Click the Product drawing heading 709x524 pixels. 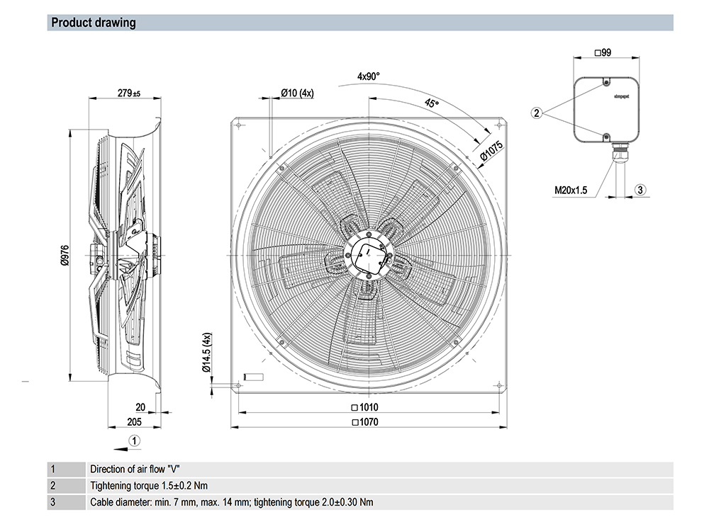click(x=94, y=23)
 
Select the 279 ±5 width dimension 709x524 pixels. click(x=128, y=93)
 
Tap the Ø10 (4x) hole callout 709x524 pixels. click(x=297, y=93)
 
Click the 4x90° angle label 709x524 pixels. click(x=369, y=76)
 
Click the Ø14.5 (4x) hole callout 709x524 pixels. click(x=206, y=352)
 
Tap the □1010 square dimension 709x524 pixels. click(x=365, y=407)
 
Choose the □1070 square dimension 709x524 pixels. click(x=365, y=423)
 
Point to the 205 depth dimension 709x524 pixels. click(x=134, y=422)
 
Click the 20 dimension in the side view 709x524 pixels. click(x=140, y=407)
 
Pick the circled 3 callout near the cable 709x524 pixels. click(x=640, y=190)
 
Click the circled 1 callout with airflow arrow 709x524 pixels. click(x=135, y=440)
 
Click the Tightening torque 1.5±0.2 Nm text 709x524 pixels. click(x=150, y=486)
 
